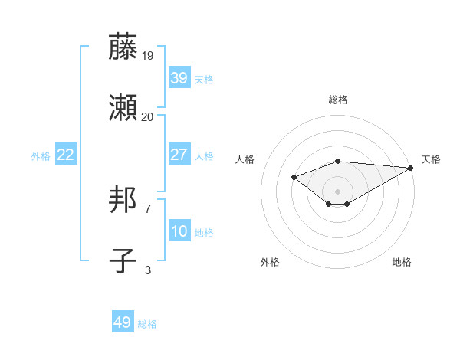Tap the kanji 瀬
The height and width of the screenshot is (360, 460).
click(x=123, y=109)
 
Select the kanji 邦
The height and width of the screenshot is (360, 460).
click(x=123, y=200)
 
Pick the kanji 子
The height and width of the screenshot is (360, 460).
click(x=123, y=261)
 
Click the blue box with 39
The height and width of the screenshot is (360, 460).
click(x=179, y=77)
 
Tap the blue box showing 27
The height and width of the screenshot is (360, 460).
click(x=179, y=155)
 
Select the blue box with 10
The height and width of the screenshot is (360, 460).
click(x=179, y=231)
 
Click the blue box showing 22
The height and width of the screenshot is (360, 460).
click(x=66, y=155)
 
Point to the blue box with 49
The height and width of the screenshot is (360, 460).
click(x=123, y=322)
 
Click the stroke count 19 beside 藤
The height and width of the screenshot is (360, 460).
click(x=148, y=55)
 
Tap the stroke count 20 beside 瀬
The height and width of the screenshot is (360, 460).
click(x=148, y=117)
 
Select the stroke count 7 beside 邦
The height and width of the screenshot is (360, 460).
click(x=148, y=208)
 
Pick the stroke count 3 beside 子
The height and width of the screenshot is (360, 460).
click(x=148, y=270)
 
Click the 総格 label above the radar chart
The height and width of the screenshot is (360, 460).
click(x=338, y=100)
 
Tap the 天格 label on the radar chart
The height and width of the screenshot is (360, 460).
click(x=431, y=159)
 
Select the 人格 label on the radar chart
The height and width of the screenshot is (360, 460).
click(x=245, y=159)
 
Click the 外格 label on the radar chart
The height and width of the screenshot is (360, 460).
click(x=270, y=262)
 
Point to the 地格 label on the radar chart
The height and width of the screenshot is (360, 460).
click(x=402, y=262)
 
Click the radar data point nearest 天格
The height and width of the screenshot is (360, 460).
click(x=410, y=168)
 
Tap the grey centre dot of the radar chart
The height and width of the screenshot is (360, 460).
click(x=338, y=191)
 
